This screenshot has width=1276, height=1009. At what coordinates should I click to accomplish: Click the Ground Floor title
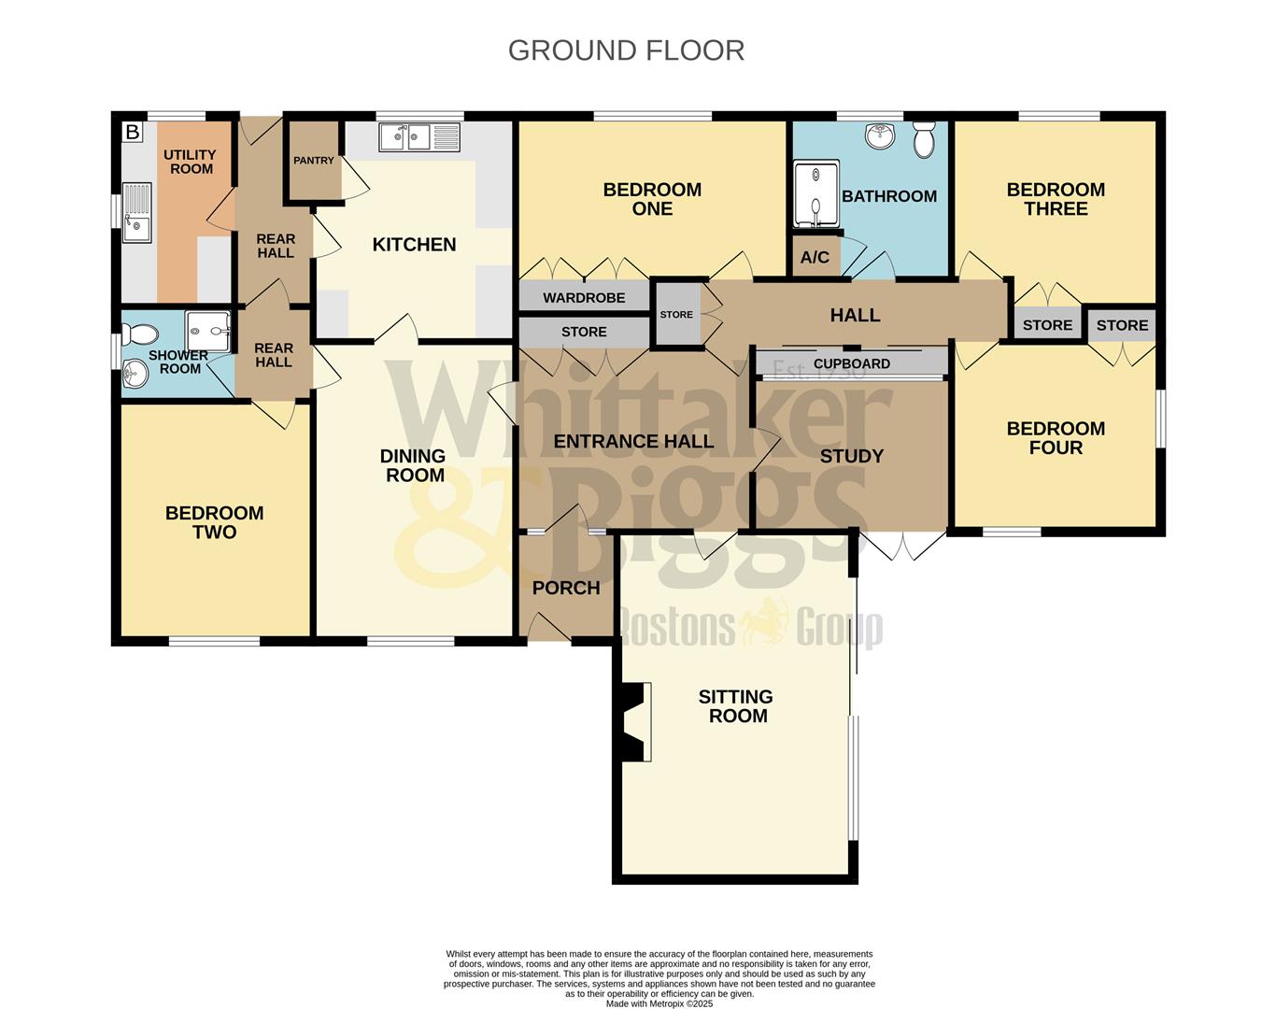[x=626, y=50]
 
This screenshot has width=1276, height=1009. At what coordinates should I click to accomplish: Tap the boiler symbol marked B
[x=133, y=133]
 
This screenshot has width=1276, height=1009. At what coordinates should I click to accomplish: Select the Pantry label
[x=313, y=161]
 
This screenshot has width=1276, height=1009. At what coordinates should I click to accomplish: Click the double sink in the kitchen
[x=419, y=137]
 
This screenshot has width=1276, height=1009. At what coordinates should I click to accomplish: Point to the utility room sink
[x=137, y=213]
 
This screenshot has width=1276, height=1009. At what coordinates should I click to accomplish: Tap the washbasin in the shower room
[x=135, y=375]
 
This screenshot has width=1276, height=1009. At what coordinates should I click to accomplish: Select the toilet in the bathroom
[x=924, y=140]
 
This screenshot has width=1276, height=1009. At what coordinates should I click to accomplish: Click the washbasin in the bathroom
[x=879, y=136]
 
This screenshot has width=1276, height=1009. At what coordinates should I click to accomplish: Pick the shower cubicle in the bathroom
[x=815, y=195]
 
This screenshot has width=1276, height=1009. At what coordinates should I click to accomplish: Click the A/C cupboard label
[x=815, y=258]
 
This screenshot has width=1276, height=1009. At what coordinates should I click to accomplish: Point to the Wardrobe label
[x=584, y=298]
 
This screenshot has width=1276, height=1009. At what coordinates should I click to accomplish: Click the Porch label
[x=565, y=588]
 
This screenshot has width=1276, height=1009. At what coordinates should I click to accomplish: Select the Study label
[x=851, y=456]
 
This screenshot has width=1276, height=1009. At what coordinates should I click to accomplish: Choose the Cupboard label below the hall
[x=851, y=363]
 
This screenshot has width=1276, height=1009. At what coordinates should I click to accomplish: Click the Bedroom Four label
[x=1056, y=438]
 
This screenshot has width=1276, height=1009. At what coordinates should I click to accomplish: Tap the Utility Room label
[x=191, y=162]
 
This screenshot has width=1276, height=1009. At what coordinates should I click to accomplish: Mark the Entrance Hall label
[x=633, y=441]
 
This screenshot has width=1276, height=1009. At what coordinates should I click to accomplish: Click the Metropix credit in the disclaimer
[x=659, y=1003]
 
